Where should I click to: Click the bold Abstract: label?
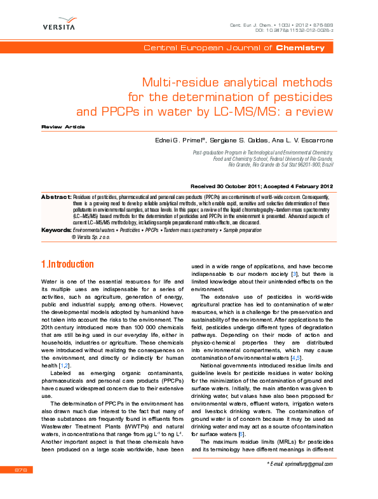55,198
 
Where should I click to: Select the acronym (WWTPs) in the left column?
139,428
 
